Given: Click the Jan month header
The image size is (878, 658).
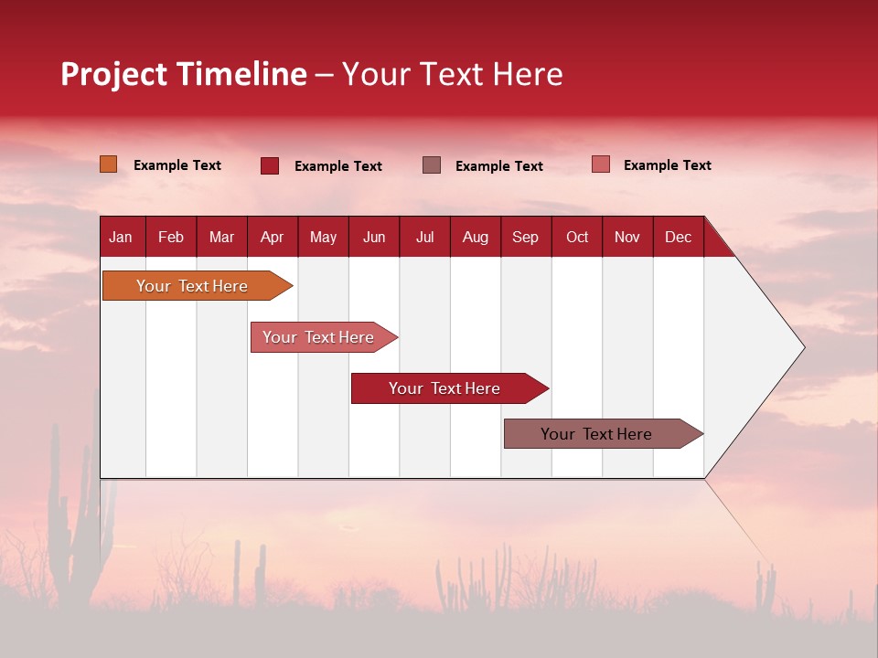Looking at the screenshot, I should [x=122, y=237].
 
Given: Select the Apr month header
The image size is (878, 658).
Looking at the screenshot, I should [x=273, y=237].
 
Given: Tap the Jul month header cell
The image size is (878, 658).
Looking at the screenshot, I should [x=424, y=237].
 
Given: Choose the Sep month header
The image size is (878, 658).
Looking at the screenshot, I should [x=526, y=237].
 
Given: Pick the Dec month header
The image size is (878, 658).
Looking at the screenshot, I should [x=678, y=237].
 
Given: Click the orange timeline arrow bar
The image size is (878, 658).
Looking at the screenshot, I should [x=193, y=286].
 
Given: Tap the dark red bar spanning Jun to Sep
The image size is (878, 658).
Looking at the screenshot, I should [x=445, y=388].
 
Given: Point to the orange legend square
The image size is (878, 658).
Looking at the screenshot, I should [x=109, y=164].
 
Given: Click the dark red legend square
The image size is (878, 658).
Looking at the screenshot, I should [x=270, y=165].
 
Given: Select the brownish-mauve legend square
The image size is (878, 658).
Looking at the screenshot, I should [x=432, y=165].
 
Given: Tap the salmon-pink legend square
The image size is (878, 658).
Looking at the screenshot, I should [x=600, y=164].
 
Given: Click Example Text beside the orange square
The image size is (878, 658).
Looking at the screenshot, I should [x=177, y=165].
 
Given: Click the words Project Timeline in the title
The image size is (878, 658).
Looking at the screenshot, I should [x=183, y=74].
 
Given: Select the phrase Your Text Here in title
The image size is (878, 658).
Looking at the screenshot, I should [x=453, y=74].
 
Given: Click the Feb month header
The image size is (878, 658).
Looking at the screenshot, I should [x=171, y=237].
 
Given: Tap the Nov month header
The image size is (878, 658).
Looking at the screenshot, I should [x=627, y=237].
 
